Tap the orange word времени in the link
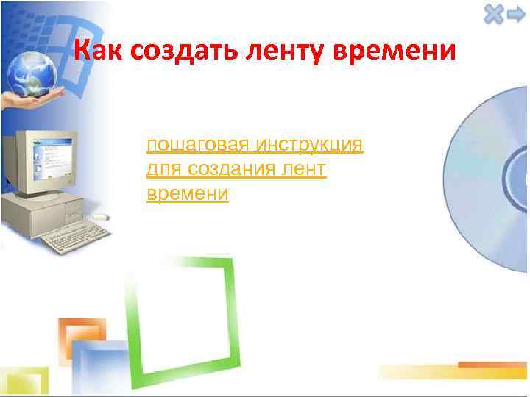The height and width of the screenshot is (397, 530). [x=188, y=194]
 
